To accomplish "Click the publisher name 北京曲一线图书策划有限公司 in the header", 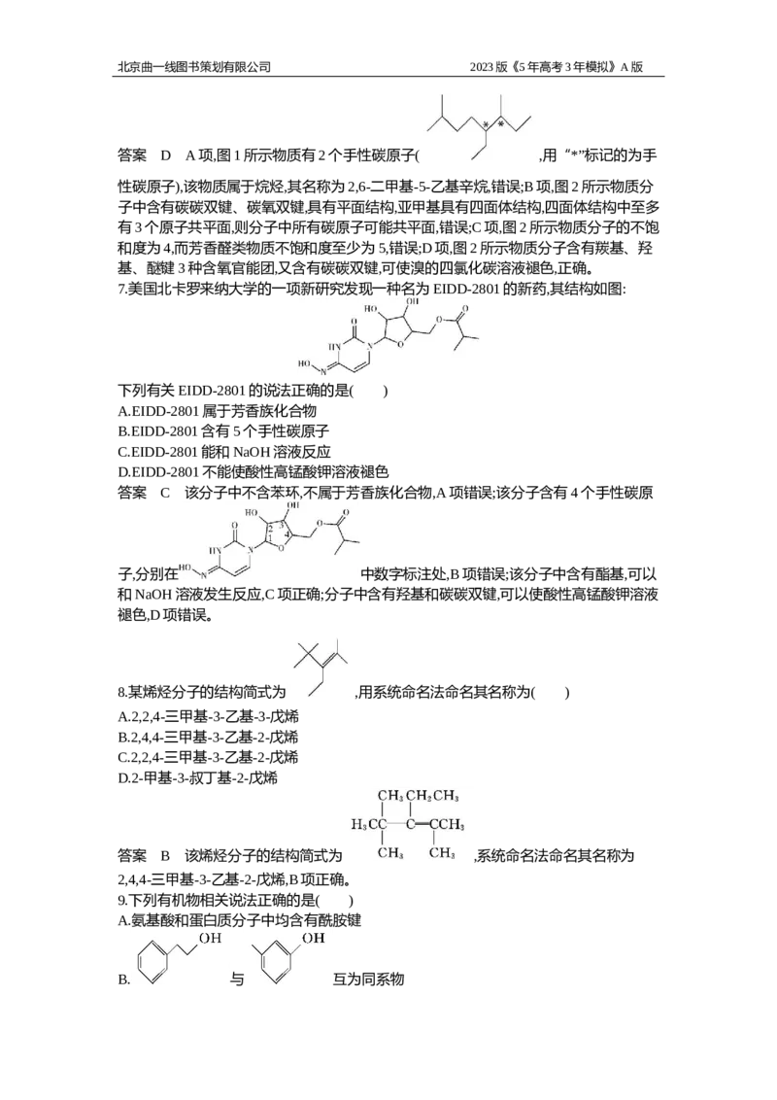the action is [x=193, y=67].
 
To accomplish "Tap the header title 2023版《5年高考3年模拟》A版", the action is [x=556, y=67].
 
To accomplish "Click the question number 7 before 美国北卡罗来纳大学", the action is [x=121, y=289].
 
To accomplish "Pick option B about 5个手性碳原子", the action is [x=223, y=430].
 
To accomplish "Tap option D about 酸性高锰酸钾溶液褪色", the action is [x=253, y=471].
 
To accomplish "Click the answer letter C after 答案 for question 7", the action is [x=165, y=493].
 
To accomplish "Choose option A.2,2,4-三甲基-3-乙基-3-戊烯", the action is [x=208, y=716].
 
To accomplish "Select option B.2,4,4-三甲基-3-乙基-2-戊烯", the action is [x=208, y=737].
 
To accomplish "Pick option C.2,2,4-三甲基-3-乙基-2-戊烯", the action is [x=208, y=757].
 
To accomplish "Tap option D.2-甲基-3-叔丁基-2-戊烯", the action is [x=198, y=777].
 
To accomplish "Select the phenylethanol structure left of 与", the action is [x=179, y=961].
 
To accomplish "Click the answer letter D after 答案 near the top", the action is [x=166, y=155].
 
